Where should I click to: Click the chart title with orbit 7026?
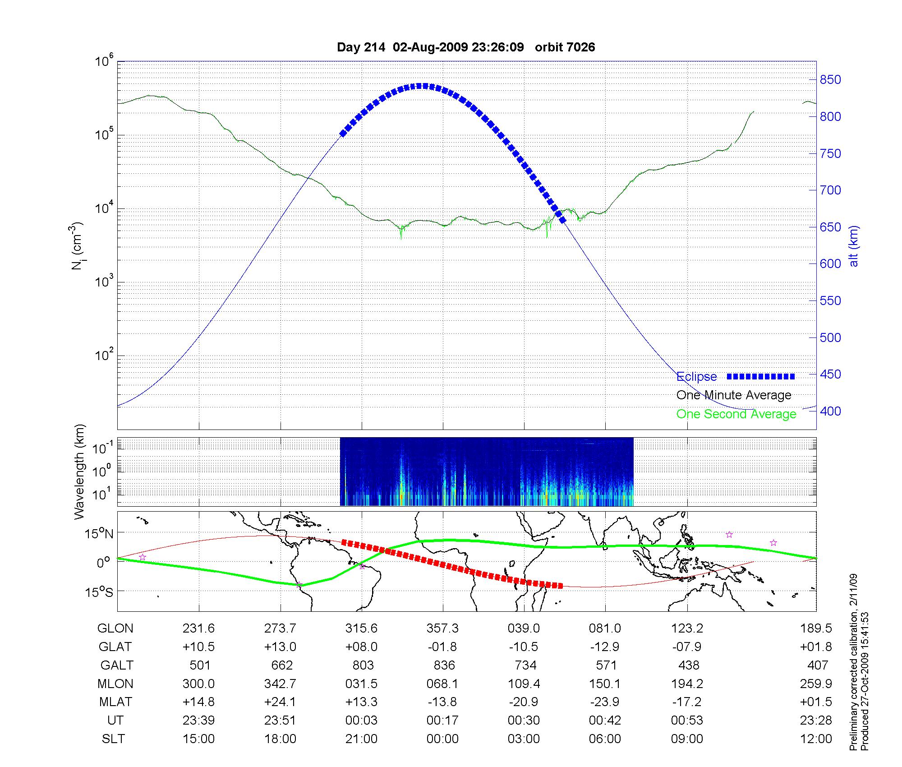point(466,47)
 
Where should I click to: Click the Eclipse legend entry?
point(697,376)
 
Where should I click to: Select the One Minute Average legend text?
point(734,395)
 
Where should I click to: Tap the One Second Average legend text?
point(736,414)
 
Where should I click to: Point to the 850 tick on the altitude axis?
point(830,80)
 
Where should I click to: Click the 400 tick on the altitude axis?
point(830,411)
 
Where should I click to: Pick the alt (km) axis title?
point(854,246)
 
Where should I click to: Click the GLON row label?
point(115,628)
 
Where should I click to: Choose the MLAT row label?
point(115,702)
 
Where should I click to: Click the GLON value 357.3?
point(442,628)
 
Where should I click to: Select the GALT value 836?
point(443,665)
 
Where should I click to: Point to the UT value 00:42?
point(605,721)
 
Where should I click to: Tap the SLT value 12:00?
point(817,739)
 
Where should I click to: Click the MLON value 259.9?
point(817,684)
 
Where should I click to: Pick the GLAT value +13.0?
point(280,647)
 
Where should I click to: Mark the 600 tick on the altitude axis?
point(830,264)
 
